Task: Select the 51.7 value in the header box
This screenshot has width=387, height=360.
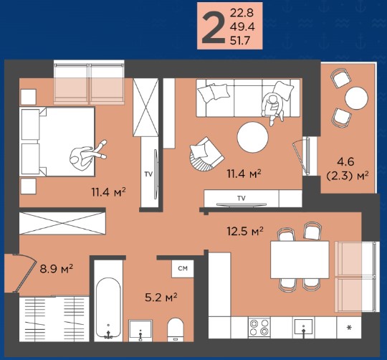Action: [x=240, y=40]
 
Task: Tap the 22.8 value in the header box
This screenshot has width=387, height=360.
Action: [x=242, y=13]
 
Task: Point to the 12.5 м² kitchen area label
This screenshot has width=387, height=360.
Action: [x=245, y=232]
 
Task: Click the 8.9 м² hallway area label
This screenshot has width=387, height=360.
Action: [x=57, y=269]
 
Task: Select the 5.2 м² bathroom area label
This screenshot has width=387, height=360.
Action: [x=161, y=298]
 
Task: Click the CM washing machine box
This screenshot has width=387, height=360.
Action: [x=183, y=268]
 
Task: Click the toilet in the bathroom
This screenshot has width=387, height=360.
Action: [x=176, y=329]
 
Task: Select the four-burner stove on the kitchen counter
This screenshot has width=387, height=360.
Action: [x=259, y=328]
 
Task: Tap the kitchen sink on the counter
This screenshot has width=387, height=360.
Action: [x=303, y=327]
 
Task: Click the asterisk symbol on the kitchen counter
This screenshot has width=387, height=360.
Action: [x=349, y=328]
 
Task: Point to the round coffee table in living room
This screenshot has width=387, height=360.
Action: [x=252, y=137]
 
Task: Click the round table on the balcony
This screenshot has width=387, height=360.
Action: [x=357, y=98]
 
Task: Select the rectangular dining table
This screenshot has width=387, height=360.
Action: [x=300, y=260]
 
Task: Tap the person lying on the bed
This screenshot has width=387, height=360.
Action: [x=87, y=155]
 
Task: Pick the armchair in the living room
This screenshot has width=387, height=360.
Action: [x=206, y=155]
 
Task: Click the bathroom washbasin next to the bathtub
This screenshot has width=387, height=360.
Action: [x=140, y=331]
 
